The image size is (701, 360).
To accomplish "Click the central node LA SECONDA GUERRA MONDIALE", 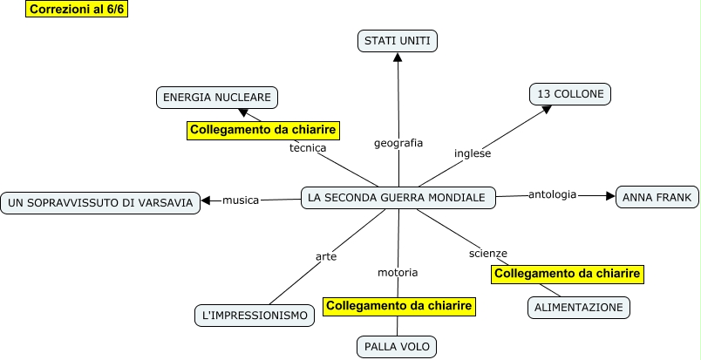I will (x=398, y=198).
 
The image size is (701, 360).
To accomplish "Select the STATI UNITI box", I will (x=398, y=40).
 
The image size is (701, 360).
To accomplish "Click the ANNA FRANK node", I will (x=657, y=198).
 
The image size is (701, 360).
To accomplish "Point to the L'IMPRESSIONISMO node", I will (x=255, y=315).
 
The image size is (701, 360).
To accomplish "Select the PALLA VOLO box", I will (x=397, y=346).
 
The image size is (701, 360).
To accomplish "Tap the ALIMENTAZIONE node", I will (x=579, y=307).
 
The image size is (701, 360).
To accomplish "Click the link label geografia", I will (x=398, y=142).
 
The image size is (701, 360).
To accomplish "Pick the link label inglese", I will (x=473, y=153).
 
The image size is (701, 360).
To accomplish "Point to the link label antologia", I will (x=552, y=194).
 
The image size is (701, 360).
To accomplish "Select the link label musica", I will (x=241, y=200).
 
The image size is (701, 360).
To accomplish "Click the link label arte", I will (x=326, y=256).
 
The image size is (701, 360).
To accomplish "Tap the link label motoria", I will (x=398, y=272).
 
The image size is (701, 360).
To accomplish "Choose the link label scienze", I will (x=487, y=253).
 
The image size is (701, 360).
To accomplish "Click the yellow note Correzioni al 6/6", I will (x=78, y=10).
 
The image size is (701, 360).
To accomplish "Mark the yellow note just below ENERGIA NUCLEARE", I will (x=263, y=130).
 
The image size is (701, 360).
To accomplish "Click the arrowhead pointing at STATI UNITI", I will (x=398, y=57).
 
